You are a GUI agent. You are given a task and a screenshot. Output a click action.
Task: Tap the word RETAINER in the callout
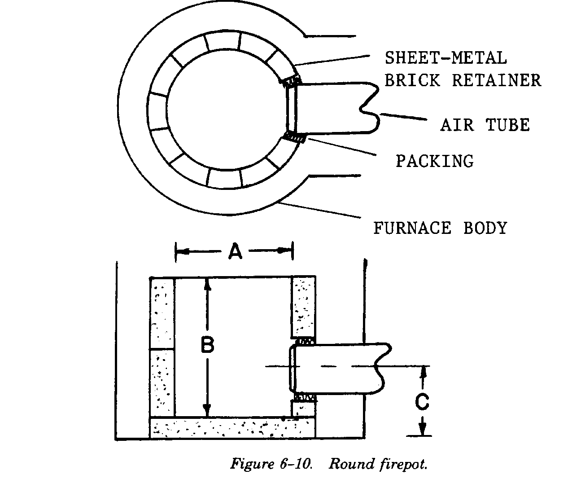tap(496, 80)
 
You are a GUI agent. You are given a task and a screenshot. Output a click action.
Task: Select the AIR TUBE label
tap(485, 125)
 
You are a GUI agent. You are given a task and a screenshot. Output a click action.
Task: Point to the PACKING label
tap(434, 161)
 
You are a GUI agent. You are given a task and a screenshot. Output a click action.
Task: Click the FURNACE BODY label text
tap(440, 228)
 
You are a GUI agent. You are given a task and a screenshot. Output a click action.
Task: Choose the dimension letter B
tap(207, 346)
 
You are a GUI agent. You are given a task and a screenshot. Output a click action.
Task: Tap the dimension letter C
tap(422, 402)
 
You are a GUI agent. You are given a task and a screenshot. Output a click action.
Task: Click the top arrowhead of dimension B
tap(207, 283)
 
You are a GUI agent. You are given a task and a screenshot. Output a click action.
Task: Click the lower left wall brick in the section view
tap(162, 382)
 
